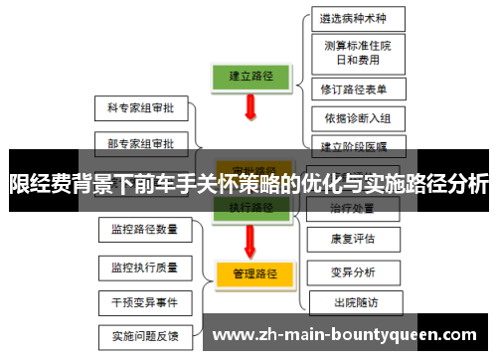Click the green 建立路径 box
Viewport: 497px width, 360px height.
tap(250, 75)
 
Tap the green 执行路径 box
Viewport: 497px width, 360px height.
tap(250, 208)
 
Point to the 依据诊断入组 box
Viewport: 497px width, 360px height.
tap(358, 118)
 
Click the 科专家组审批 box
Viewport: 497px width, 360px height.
tap(140, 106)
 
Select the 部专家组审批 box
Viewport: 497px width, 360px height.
tap(140, 143)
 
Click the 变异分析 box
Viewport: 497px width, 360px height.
tap(353, 270)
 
